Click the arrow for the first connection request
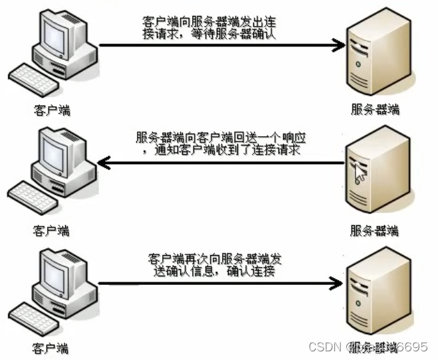219,45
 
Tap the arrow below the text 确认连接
219,284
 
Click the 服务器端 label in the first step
376,110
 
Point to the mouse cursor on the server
360,174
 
